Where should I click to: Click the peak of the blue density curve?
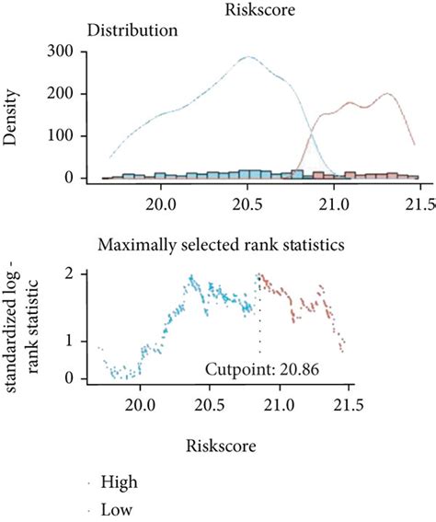point(247,57)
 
